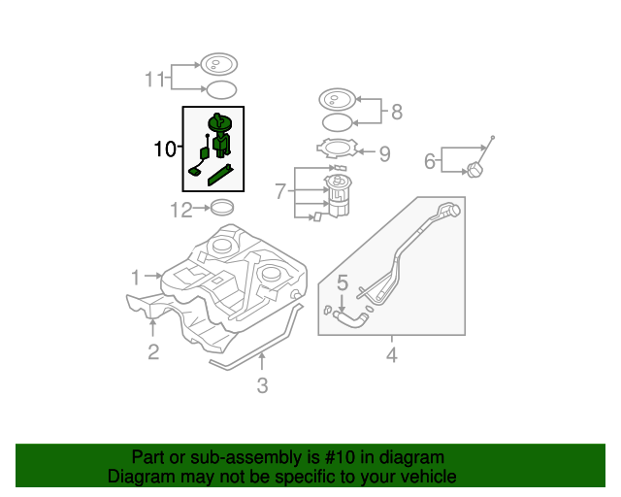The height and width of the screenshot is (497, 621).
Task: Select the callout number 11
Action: tap(155, 80)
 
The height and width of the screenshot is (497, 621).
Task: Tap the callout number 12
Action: tap(181, 209)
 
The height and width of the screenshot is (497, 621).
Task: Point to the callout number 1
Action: tap(136, 277)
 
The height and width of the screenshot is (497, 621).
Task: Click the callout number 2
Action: tap(153, 351)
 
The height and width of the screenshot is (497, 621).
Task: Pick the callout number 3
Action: tap(262, 385)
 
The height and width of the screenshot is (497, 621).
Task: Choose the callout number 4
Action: tap(392, 355)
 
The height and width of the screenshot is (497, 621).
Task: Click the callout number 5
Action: tap(343, 283)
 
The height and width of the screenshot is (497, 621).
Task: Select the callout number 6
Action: tap(430, 160)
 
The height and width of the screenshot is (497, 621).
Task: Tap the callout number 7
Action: tap(279, 192)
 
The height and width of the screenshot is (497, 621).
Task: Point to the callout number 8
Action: tap(396, 112)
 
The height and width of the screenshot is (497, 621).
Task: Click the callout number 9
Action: tap(384, 152)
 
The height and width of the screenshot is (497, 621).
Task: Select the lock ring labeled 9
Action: tap(337, 149)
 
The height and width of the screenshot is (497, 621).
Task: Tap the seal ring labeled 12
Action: tap(223, 207)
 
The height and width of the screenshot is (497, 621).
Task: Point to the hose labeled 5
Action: tap(348, 316)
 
